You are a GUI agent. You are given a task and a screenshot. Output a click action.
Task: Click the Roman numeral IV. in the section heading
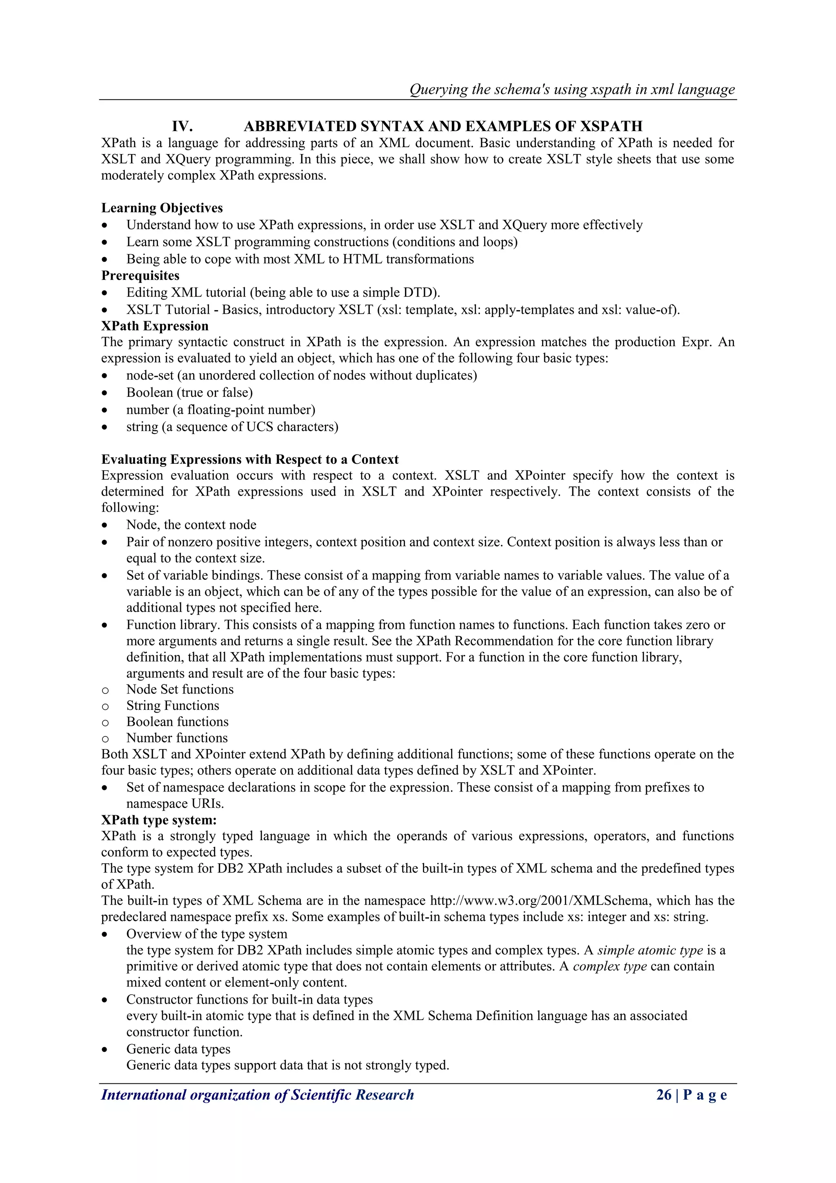pyautogui.click(x=182, y=126)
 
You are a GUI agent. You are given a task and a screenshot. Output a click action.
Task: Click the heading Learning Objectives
pyautogui.click(x=162, y=208)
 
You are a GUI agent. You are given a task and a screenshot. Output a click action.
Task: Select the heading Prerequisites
pyautogui.click(x=140, y=276)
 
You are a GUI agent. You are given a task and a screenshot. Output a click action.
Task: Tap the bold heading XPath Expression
pyautogui.click(x=154, y=326)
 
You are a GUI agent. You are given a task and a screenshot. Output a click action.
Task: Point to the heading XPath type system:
pyautogui.click(x=158, y=820)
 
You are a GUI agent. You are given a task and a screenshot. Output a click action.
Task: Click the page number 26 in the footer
pyautogui.click(x=664, y=1094)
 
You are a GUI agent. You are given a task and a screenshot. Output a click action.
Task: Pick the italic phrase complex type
pyautogui.click(x=609, y=966)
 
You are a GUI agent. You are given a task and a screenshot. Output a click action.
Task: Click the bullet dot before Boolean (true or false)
pyautogui.click(x=105, y=393)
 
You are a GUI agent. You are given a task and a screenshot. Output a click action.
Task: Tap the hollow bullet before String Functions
pyautogui.click(x=105, y=707)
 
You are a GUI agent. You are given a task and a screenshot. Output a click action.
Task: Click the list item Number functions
pyautogui.click(x=177, y=738)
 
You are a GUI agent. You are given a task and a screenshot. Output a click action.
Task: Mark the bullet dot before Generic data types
pyautogui.click(x=105, y=1049)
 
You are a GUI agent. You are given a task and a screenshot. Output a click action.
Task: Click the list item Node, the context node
pyautogui.click(x=191, y=525)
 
